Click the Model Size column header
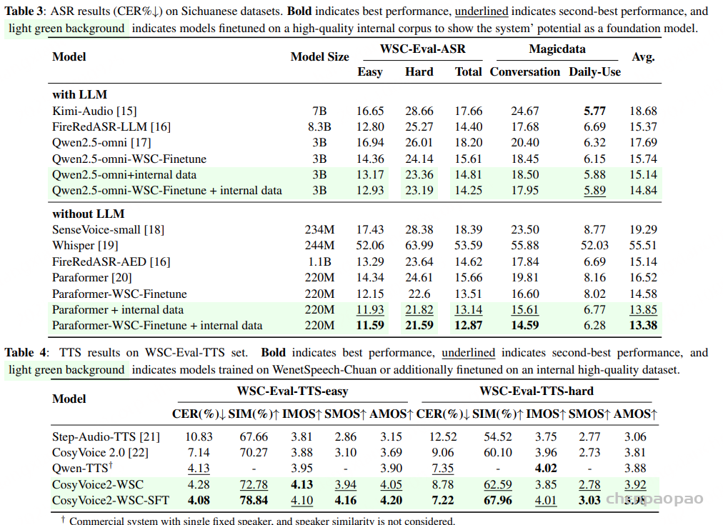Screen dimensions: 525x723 319,57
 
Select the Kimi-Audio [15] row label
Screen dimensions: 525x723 94,111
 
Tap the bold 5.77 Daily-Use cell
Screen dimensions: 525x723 594,111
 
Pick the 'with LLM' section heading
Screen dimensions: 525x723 79,94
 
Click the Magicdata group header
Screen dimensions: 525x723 557,49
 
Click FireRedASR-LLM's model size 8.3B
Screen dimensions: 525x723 319,126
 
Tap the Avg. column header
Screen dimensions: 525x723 643,57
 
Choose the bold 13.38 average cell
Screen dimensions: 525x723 643,325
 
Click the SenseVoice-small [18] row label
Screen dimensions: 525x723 108,229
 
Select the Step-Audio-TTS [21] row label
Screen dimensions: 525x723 106,436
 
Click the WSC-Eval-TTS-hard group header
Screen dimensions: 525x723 536,391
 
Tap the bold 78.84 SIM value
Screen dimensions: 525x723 254,500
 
